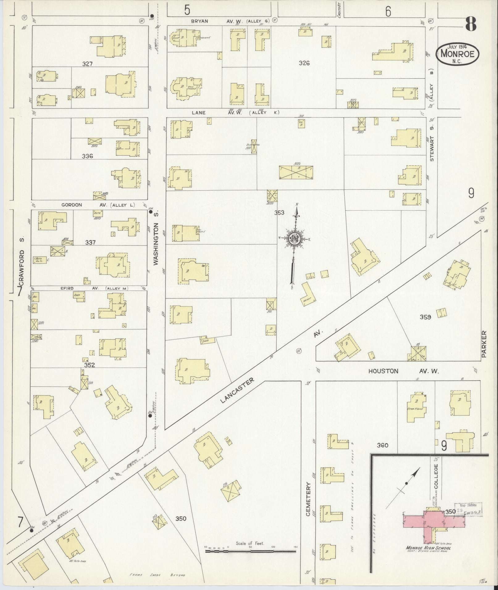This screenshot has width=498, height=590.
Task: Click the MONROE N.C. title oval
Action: click(457, 54)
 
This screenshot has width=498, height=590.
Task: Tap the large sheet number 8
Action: click(471, 24)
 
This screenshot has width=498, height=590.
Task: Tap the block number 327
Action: click(88, 64)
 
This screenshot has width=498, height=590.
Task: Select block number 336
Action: click(87, 156)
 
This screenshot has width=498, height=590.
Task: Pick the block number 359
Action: click(425, 317)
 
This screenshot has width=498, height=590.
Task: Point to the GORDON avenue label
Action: click(71, 205)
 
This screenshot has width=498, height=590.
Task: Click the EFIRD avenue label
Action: click(67, 288)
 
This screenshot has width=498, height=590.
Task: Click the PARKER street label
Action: click(483, 344)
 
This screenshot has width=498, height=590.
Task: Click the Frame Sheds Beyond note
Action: click(157, 575)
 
